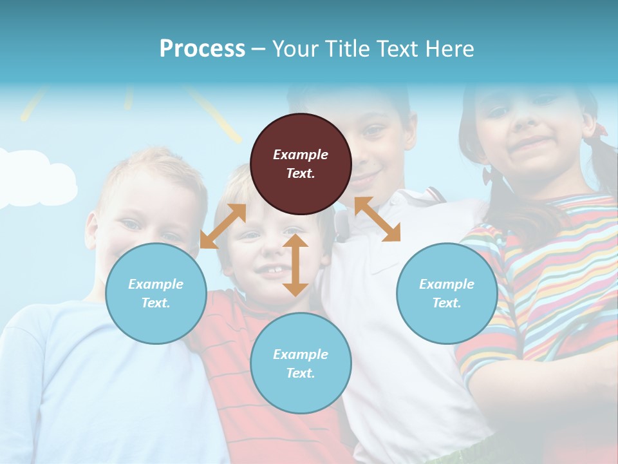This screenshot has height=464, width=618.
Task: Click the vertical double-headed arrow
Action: pos(295,265)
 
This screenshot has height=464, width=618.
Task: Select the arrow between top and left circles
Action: pos(223,226)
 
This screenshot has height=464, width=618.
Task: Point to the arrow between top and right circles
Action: pos(377,219)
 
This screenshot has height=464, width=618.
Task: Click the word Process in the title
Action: pos(202,48)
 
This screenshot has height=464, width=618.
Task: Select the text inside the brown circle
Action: pos(301,164)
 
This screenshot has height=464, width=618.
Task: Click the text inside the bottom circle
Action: pos(301,363)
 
